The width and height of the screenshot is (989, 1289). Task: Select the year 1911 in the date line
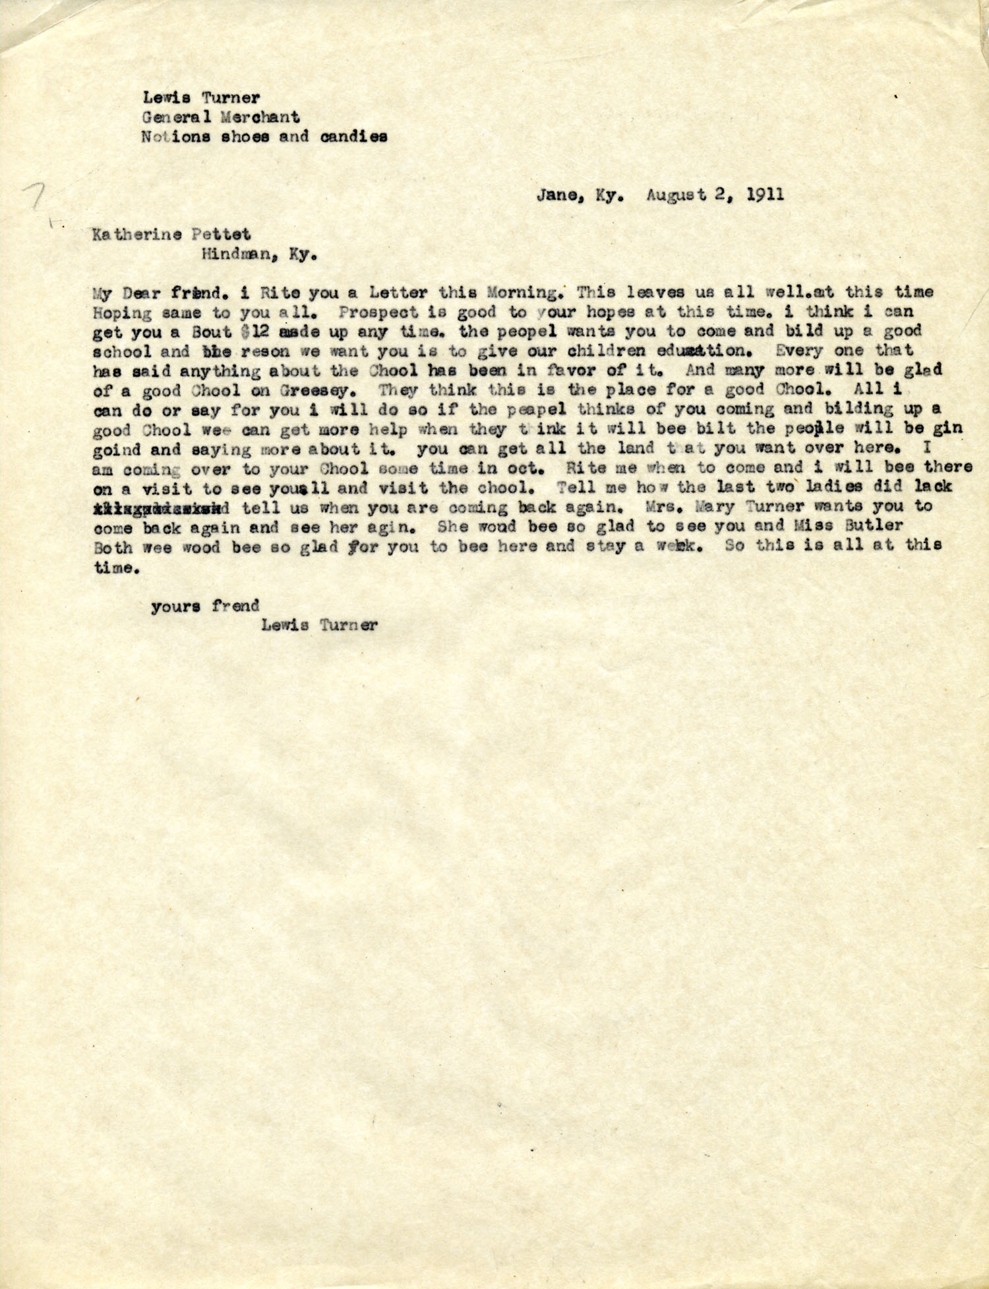764,195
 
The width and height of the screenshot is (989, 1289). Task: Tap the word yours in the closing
175,605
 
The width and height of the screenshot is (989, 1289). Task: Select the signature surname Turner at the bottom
348,625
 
